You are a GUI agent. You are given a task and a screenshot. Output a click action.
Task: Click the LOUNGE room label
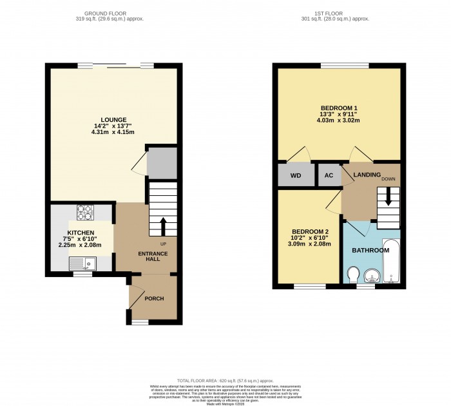[x=113, y=119]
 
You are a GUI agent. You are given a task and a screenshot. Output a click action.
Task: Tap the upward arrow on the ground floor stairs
[x=162, y=226]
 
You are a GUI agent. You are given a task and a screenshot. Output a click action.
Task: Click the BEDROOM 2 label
[x=311, y=232]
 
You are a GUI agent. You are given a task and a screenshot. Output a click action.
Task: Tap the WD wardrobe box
[x=295, y=175]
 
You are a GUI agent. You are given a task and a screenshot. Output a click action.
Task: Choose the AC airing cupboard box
[x=329, y=175]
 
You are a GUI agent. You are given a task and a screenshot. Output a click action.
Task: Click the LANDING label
[x=367, y=175]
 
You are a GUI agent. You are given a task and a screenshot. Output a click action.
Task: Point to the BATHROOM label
[x=370, y=250]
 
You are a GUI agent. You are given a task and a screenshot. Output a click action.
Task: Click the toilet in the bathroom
[x=352, y=275]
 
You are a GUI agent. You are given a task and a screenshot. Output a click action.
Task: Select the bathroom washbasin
[x=372, y=276]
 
